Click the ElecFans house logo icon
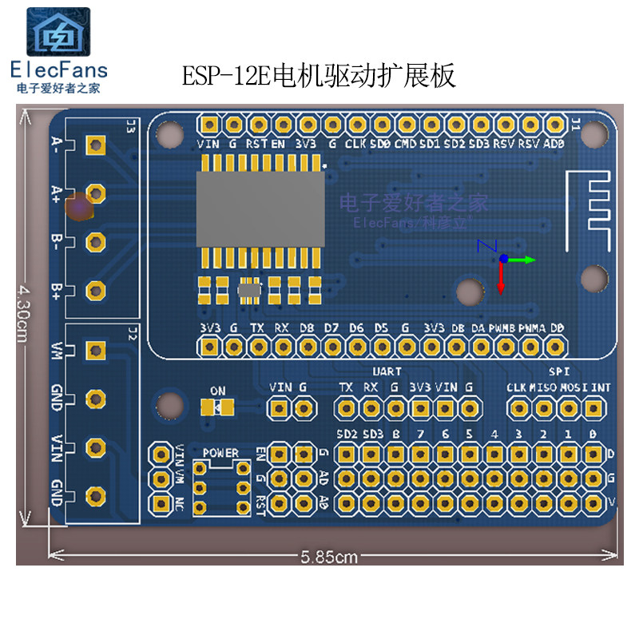(59, 33)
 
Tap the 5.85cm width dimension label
(329, 558)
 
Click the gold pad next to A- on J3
(96, 145)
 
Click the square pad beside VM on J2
(96, 350)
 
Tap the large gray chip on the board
(260, 209)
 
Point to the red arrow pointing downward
(502, 280)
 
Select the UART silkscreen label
(387, 371)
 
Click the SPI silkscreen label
(558, 371)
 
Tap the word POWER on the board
(220, 453)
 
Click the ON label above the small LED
(217, 391)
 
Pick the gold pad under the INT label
(593, 408)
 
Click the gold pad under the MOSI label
(569, 408)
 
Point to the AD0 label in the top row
(554, 145)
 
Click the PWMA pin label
(531, 327)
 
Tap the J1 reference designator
(575, 123)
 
